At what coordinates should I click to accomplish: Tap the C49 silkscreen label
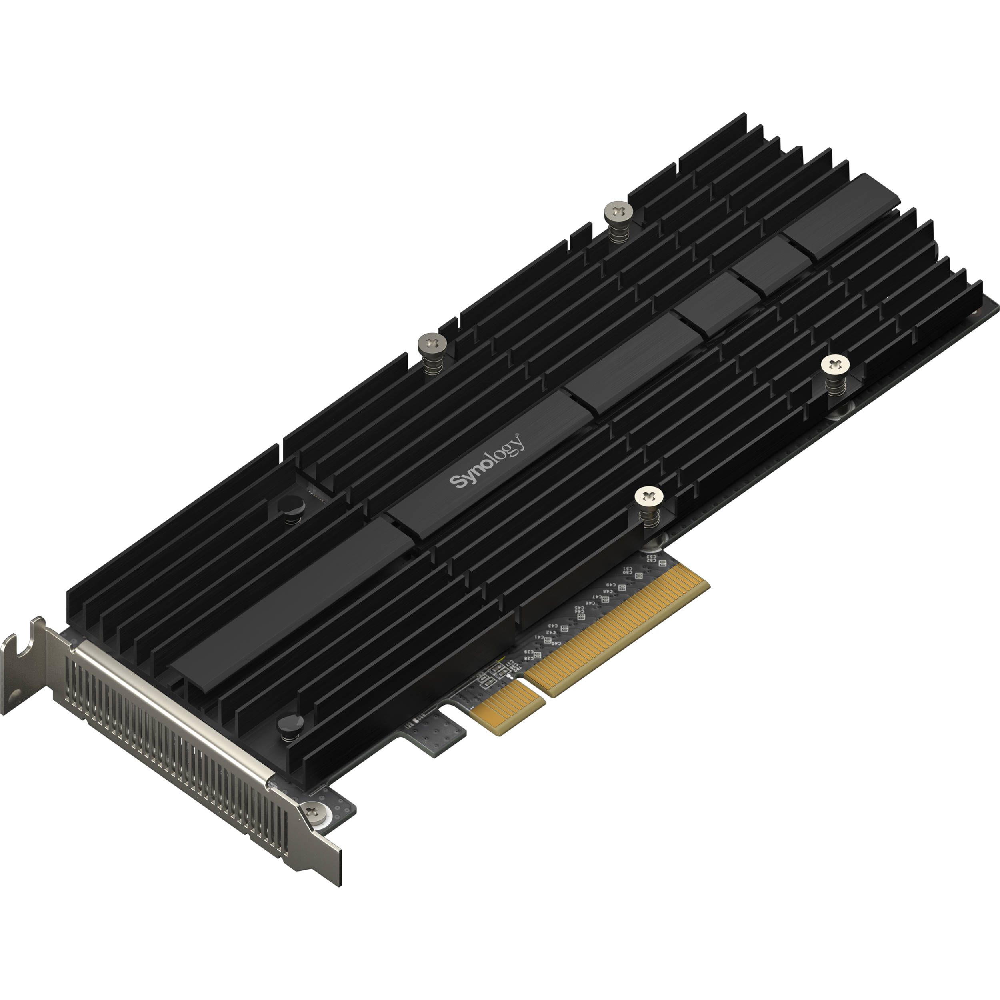point(611,585)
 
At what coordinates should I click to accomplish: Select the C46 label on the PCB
point(590,604)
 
